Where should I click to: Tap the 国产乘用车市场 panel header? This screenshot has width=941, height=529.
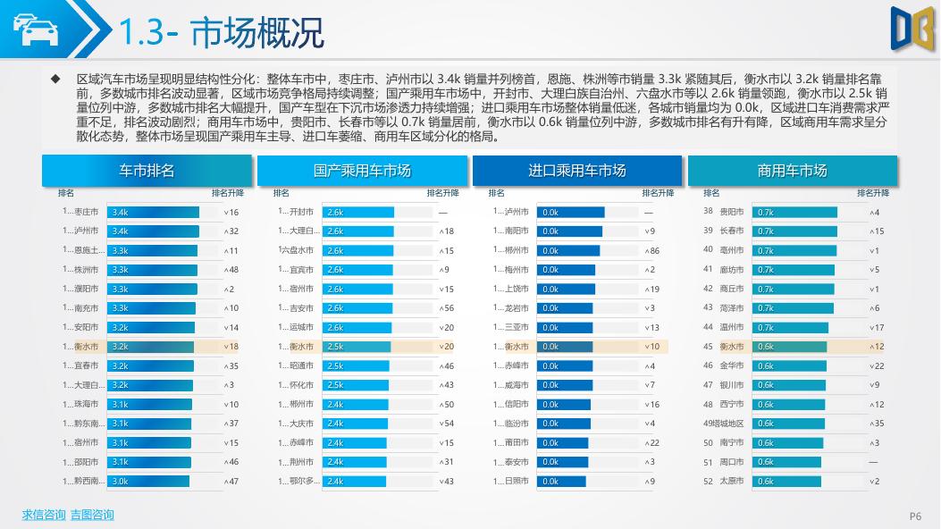362,171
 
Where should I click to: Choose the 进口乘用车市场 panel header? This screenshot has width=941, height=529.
577,171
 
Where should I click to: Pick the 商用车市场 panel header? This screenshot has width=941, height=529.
792,171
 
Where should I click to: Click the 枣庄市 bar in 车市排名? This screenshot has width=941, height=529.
154,212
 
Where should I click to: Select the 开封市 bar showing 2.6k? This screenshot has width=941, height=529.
358,212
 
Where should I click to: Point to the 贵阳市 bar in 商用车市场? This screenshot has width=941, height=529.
794,212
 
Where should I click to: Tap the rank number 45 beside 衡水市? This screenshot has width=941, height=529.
708,347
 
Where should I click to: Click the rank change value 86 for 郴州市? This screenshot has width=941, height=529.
655,251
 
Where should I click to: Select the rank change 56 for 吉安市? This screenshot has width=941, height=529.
449,308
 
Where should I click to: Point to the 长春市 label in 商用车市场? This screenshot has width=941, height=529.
732,231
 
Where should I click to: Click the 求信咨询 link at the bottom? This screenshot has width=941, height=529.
44,515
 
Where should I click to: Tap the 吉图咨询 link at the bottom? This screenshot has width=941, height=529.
92,515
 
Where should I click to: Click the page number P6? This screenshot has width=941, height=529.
915,516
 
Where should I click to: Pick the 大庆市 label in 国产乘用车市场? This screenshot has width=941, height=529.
302,424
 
